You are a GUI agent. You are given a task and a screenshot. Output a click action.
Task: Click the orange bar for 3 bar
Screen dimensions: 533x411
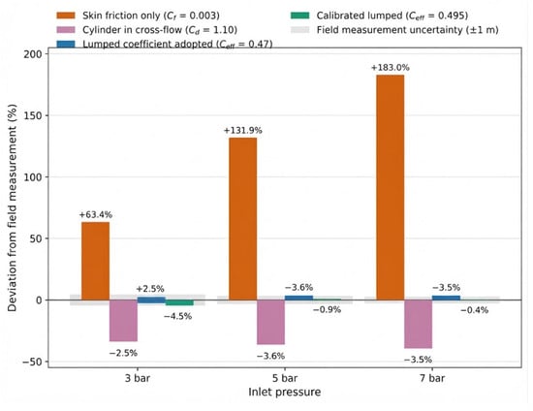(x=96, y=261)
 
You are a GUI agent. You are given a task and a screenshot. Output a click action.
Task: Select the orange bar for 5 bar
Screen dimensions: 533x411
(x=242, y=219)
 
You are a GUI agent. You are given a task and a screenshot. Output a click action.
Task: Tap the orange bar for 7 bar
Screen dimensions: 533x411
(x=391, y=188)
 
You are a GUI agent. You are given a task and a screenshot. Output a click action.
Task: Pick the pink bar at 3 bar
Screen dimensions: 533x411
(x=123, y=321)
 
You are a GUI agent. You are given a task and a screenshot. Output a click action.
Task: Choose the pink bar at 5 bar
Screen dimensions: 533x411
(x=271, y=322)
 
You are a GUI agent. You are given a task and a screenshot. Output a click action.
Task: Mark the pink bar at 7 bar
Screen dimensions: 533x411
(x=418, y=325)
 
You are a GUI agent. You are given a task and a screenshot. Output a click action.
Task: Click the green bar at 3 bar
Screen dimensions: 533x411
(x=179, y=302)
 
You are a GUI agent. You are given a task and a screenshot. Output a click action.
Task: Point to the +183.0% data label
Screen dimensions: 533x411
(x=391, y=67)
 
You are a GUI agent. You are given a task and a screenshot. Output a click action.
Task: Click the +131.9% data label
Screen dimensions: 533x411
(x=242, y=131)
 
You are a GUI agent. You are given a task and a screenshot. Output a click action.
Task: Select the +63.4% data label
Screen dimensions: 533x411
(x=96, y=215)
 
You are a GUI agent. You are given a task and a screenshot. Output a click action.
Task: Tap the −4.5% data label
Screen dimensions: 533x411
(x=177, y=317)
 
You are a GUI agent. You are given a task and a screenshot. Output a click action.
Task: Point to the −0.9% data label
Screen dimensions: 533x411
(x=327, y=309)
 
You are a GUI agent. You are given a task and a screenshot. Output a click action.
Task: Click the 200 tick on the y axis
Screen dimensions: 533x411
(x=33, y=54)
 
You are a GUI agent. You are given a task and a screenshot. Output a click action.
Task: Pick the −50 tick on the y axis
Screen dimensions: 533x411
(x=32, y=362)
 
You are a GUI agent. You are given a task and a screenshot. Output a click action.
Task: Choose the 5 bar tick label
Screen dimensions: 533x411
(x=285, y=378)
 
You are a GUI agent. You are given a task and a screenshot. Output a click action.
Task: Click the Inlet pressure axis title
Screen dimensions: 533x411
(x=285, y=392)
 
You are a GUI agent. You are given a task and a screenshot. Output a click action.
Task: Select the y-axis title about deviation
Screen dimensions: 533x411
(x=13, y=207)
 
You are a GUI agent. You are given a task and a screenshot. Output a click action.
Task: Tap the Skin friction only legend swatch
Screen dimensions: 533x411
(x=66, y=16)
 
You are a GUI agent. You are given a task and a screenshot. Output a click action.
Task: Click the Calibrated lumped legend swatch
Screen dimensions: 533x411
(x=300, y=16)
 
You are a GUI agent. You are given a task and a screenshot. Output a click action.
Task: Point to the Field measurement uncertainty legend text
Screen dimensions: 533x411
(x=408, y=30)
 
